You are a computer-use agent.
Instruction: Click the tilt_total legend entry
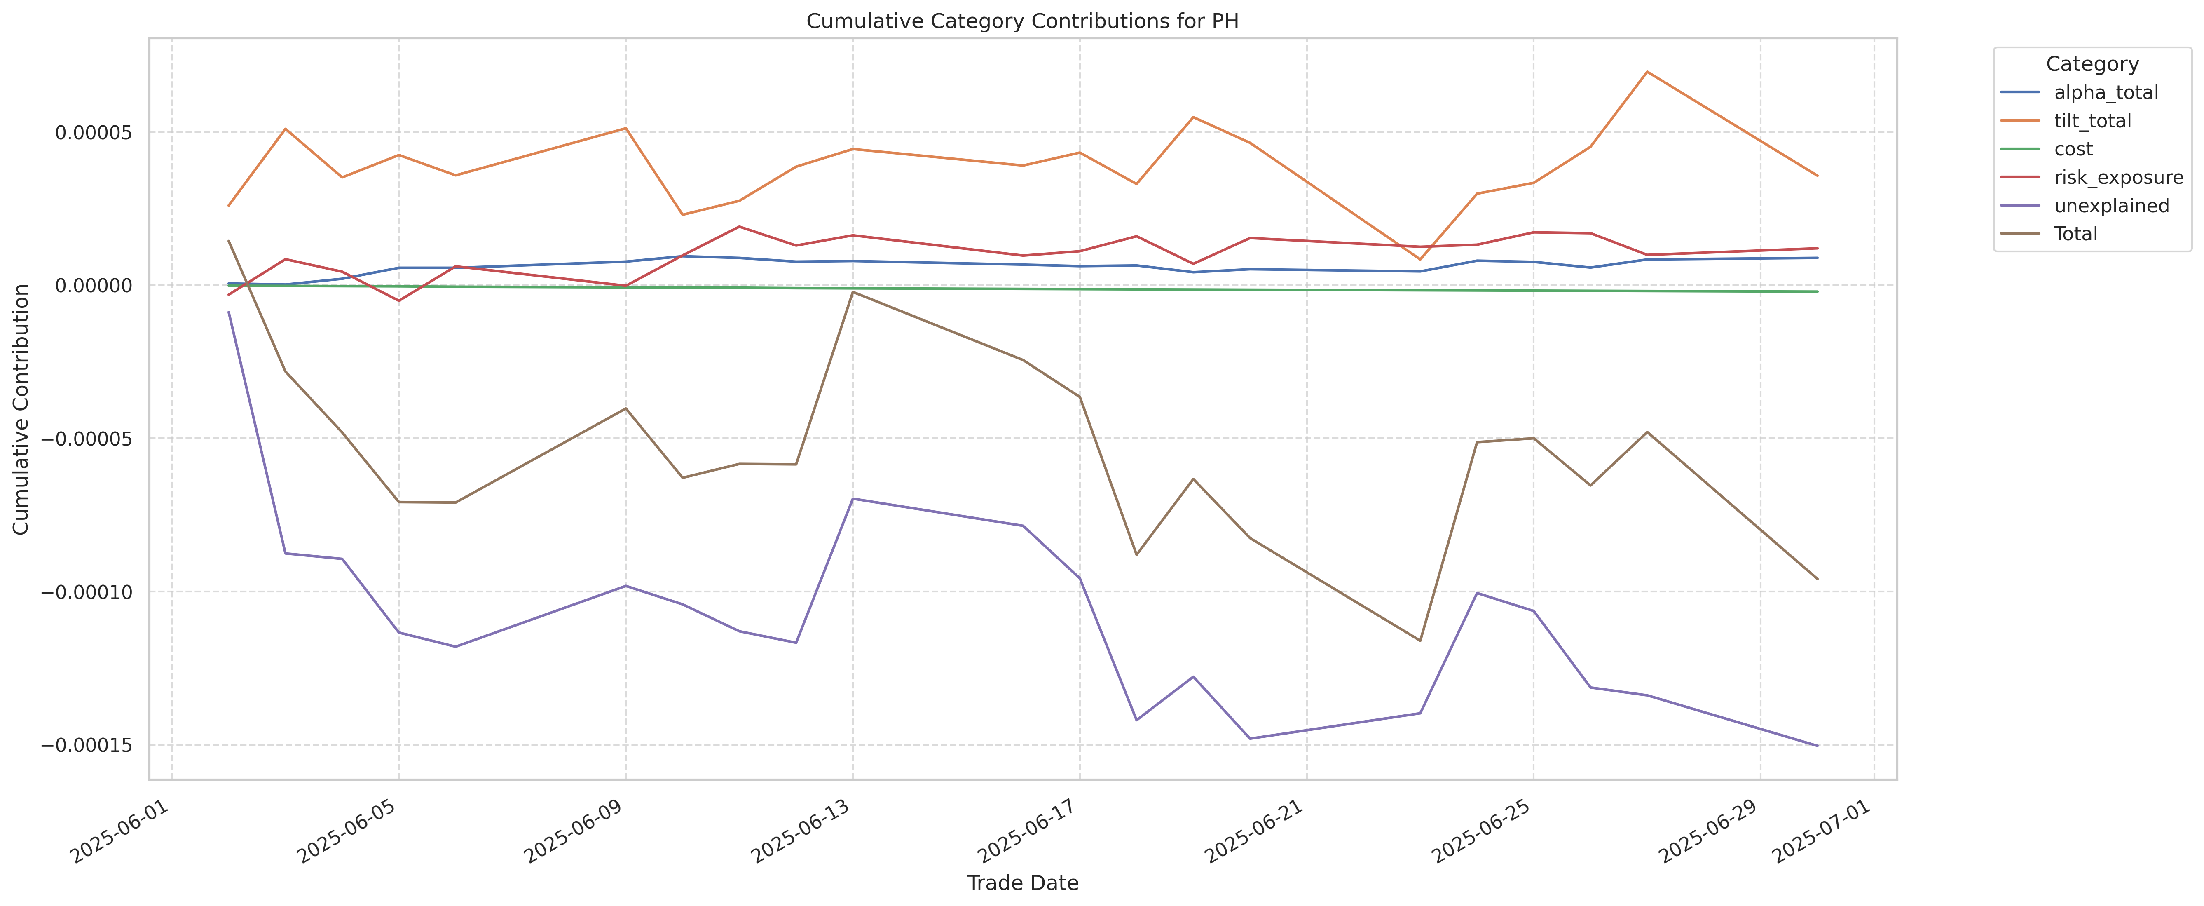(2092, 121)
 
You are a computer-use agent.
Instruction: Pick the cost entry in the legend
(2073, 149)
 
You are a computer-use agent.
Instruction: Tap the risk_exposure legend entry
(2117, 177)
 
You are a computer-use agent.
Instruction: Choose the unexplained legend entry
(2111, 205)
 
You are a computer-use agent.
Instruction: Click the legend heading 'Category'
(2092, 64)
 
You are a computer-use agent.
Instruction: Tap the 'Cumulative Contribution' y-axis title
(21, 409)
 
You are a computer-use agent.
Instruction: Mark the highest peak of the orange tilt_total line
(1647, 72)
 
